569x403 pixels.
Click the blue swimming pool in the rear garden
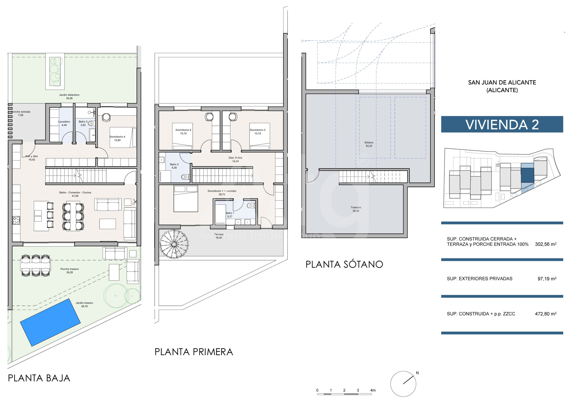pos(50,322)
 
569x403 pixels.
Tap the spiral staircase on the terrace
pos(174,244)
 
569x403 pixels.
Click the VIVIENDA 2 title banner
pos(502,125)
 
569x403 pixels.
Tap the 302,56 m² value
pos(545,244)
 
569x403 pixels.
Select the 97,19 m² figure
pos(547,279)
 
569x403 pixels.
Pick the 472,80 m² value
pos(545,314)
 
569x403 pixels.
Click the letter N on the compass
pos(417,373)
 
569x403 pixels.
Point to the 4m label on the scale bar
pos(373,390)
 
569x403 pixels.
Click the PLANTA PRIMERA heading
pos(194,352)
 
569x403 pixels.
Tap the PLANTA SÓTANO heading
pos(344,264)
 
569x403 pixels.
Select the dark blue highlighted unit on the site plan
pos(527,175)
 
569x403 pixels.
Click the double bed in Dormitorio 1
pos(186,198)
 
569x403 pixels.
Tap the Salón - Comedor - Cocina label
pos(75,193)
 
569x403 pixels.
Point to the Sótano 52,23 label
pos(369,144)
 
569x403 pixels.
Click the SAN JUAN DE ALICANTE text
pos(502,83)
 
